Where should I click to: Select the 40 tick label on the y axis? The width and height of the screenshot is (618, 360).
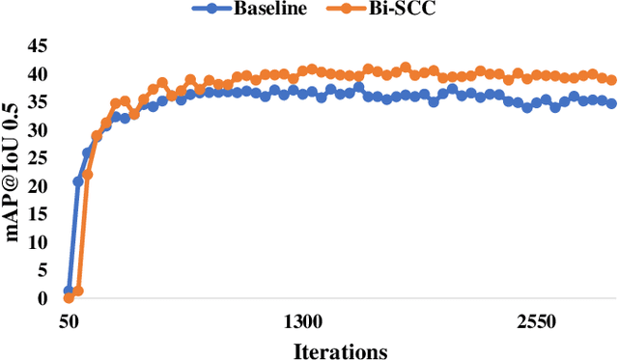pos(37,74)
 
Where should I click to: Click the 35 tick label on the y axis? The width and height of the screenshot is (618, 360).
pos(37,102)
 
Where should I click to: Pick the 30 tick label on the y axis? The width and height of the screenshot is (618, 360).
pos(37,130)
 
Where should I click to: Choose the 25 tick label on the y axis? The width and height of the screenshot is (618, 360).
pos(37,158)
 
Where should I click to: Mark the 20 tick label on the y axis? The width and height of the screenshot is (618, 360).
pos(37,186)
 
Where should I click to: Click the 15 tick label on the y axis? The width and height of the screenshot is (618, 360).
pos(37,214)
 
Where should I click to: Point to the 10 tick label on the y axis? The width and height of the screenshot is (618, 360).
pos(37,242)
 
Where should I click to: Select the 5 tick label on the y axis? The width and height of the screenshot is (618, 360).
pos(42,270)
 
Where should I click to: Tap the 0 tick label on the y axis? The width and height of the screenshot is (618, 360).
pos(42,298)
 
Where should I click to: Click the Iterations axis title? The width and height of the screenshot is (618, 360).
pos(341,348)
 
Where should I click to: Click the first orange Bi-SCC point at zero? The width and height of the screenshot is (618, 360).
pos(69,298)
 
